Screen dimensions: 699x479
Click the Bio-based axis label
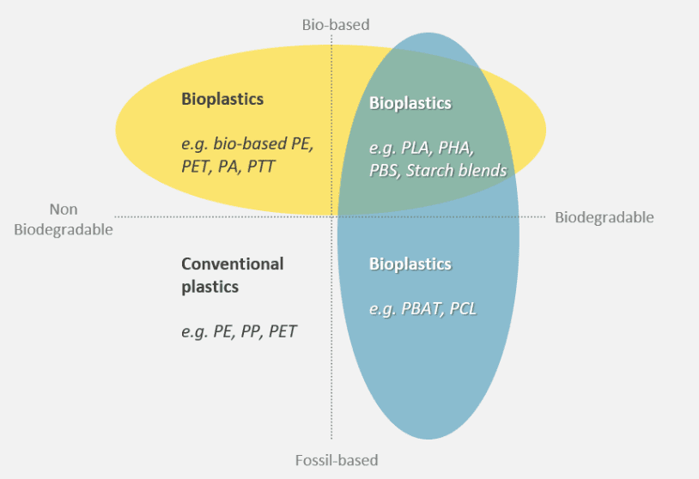[336, 25]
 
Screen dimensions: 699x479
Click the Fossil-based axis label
[337, 460]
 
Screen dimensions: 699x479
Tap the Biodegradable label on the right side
[604, 217]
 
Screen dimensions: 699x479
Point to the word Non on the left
[64, 209]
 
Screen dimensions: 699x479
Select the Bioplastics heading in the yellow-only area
[222, 99]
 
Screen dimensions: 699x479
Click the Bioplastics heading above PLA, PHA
[410, 103]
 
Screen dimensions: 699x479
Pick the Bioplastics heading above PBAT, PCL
[410, 264]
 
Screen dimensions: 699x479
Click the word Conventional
[232, 264]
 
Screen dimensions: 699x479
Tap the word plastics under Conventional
[210, 287]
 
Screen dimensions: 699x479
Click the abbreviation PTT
[261, 167]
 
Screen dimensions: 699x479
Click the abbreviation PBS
[384, 171]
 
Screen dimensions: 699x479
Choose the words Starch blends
[457, 171]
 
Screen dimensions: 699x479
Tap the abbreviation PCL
[463, 309]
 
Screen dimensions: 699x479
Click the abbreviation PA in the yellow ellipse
[228, 167]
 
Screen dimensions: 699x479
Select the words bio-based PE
[264, 144]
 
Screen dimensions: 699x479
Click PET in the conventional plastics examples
[283, 331]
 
